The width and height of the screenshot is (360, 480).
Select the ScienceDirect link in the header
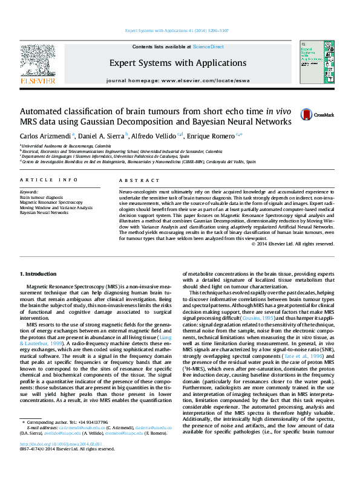(208, 47)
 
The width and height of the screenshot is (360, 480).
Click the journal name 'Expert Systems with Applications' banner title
(178, 63)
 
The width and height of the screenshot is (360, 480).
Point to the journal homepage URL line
(177, 80)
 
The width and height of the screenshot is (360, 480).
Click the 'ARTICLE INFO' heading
(48, 180)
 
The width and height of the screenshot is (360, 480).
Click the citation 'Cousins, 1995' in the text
(260, 317)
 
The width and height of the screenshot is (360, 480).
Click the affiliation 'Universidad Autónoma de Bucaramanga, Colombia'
(67, 146)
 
